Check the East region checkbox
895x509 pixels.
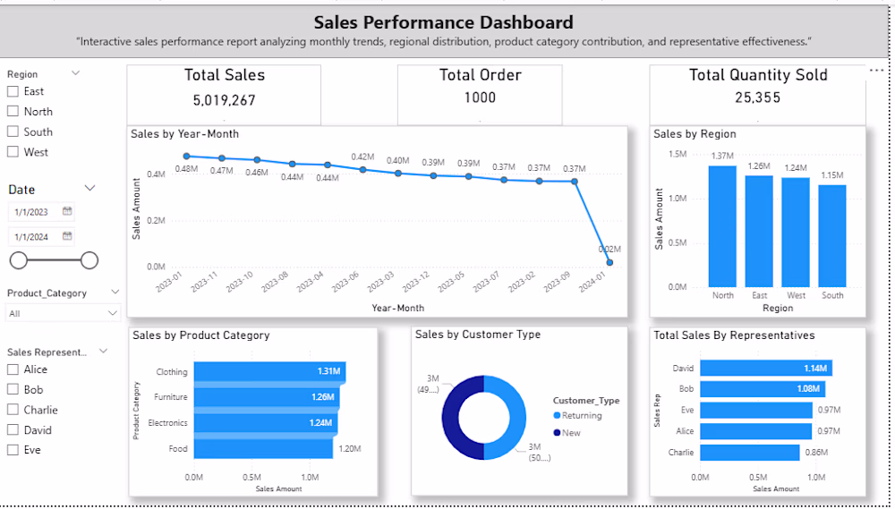tap(13, 91)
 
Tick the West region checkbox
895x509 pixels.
tap(13, 152)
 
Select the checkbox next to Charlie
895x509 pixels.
tap(13, 410)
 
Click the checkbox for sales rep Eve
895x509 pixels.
tap(13, 450)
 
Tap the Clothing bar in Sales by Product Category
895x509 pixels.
tap(268, 371)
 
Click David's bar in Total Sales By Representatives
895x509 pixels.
tap(765, 368)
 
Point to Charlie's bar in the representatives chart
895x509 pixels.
tap(749, 453)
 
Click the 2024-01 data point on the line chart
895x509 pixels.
tap(609, 263)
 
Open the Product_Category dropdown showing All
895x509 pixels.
tap(63, 313)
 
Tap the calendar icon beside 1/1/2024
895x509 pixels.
tap(67, 236)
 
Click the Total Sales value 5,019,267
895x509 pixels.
tap(224, 100)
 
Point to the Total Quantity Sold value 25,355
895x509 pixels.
tap(757, 98)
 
